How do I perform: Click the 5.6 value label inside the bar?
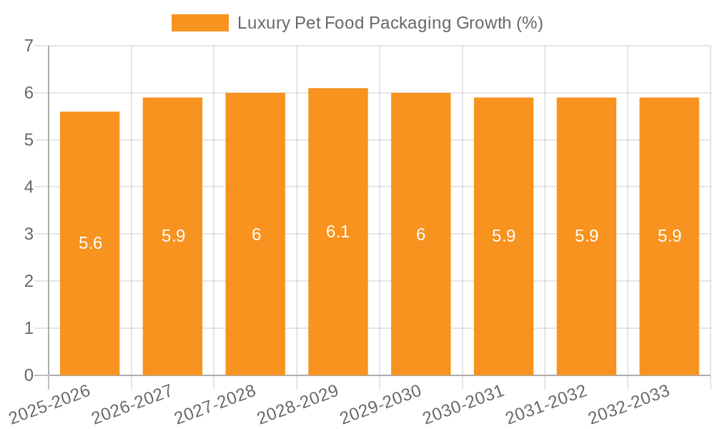pos(90,243)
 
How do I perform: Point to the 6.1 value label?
pos(337,232)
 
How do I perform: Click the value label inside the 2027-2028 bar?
pos(256,235)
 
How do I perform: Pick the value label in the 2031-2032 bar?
pos(586,236)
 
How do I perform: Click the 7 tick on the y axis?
pos(29,46)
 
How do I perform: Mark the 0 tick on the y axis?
pos(29,375)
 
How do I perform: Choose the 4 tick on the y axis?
pos(29,187)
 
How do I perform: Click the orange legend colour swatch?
pos(199,23)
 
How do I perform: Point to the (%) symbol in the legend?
pos(529,23)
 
